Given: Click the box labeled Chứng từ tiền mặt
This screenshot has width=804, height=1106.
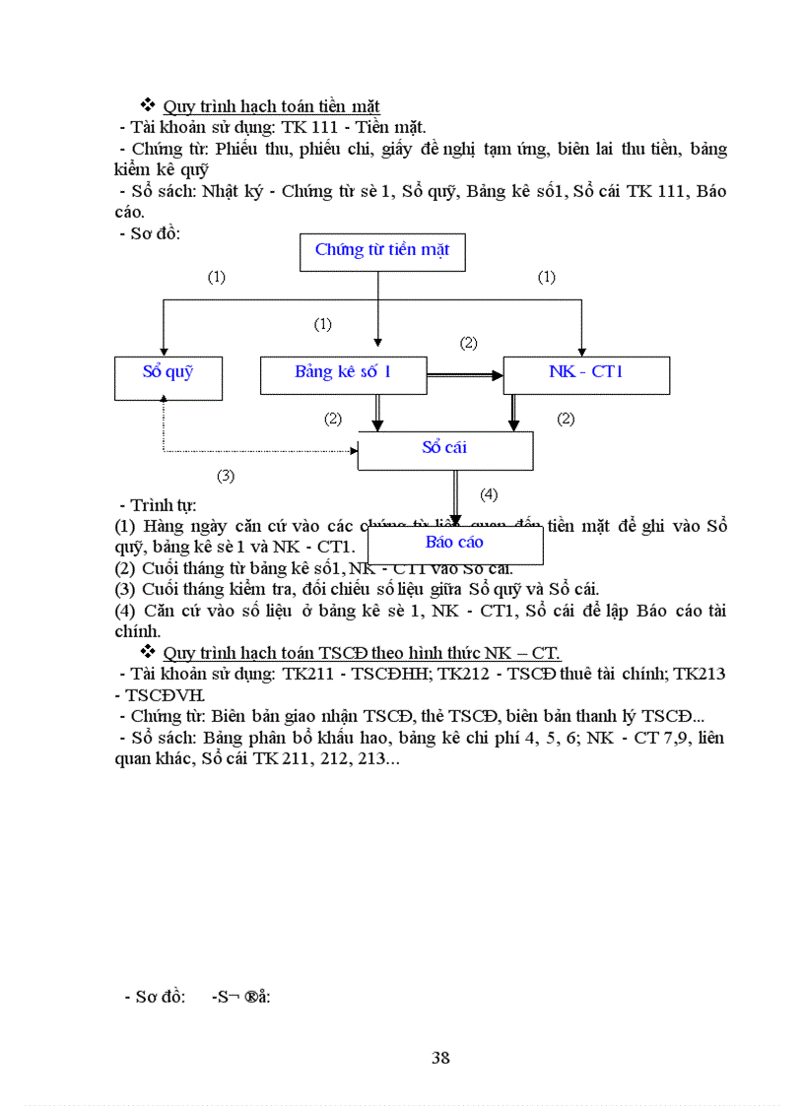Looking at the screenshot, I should [382, 251].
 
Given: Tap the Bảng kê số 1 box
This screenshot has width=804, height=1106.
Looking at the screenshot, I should [343, 374].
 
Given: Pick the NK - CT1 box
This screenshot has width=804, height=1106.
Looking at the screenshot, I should [586, 374].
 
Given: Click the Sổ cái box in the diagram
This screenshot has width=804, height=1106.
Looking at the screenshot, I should [444, 450].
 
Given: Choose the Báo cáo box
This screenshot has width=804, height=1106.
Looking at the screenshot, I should [454, 544].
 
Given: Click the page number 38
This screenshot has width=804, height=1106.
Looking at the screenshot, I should [440, 1058].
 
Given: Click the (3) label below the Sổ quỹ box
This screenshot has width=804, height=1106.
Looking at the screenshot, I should [226, 476].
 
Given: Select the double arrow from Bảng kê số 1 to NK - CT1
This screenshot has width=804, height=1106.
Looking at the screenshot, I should [464, 375].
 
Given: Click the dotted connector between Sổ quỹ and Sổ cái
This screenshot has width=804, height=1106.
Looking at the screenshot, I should [256, 452].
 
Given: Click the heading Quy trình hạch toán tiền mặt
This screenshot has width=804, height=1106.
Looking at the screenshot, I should [271, 106].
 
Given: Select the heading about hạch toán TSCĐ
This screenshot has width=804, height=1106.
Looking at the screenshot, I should [362, 652].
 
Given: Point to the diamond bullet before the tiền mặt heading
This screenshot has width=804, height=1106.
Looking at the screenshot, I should [149, 105].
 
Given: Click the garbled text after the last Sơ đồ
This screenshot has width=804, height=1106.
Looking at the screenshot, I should [240, 996].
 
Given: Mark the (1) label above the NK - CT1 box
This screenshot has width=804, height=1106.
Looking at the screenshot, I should [546, 278].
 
